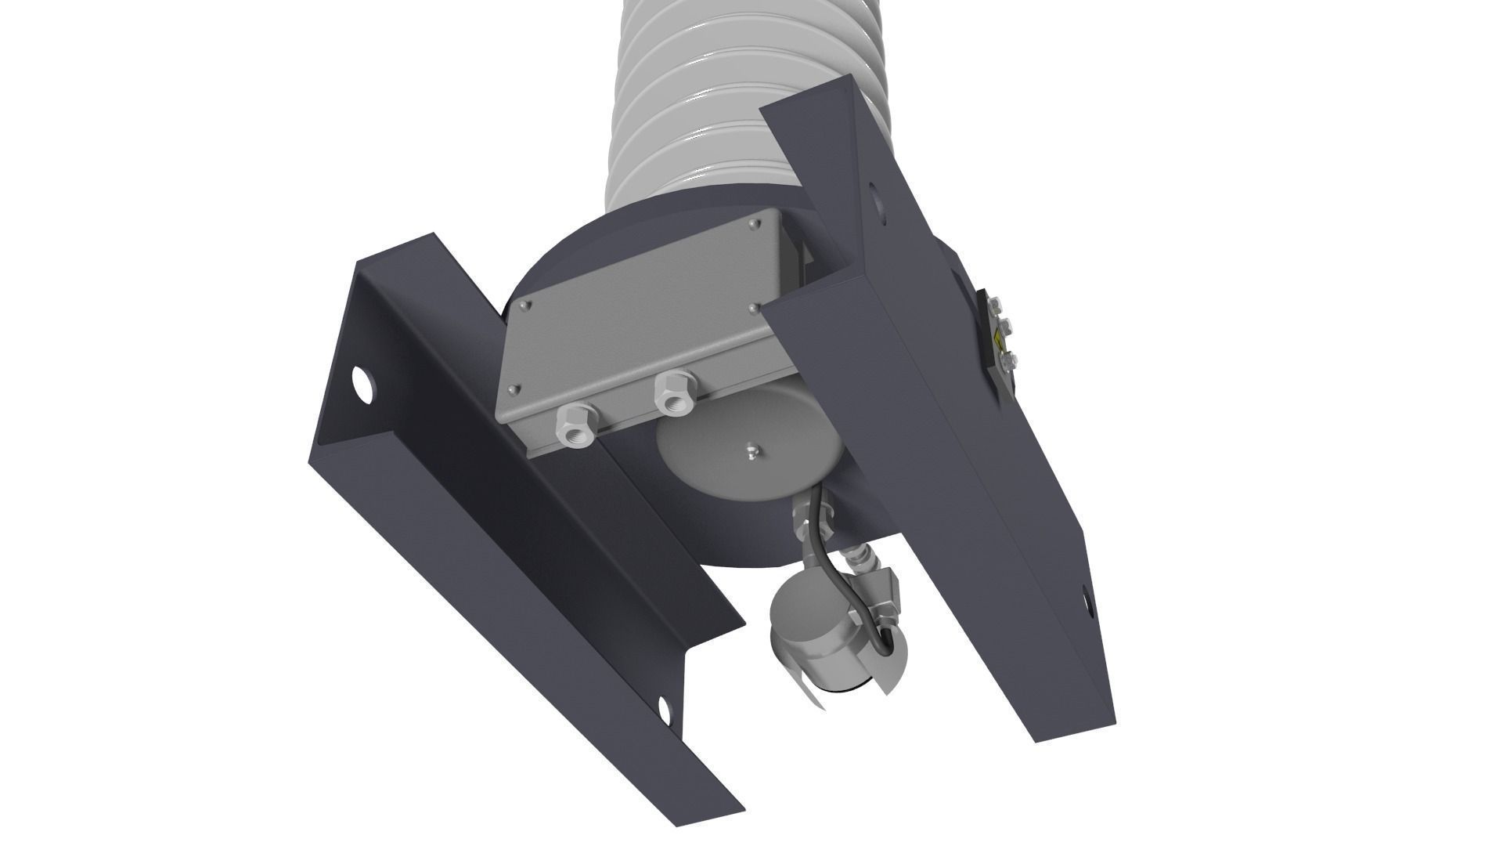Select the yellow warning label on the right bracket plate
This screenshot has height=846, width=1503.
[999, 343]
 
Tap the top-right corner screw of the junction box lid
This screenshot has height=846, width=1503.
[753, 225]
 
